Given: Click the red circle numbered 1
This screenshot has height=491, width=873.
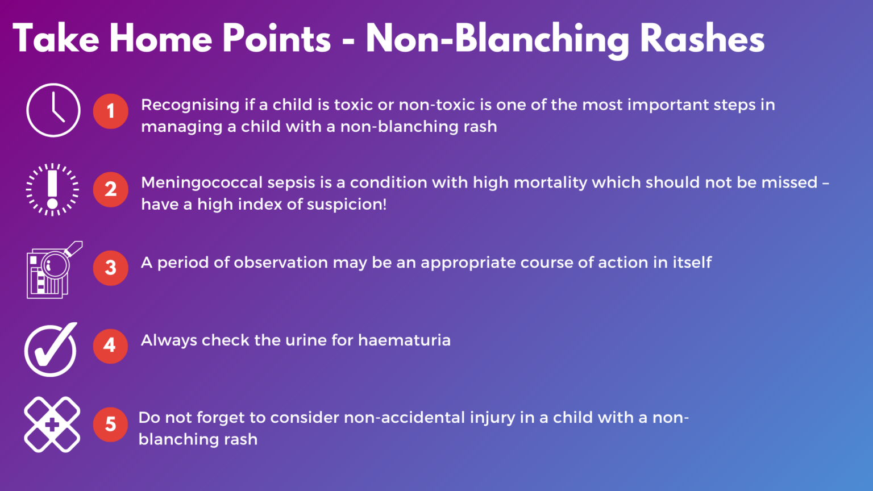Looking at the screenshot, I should point(111,111).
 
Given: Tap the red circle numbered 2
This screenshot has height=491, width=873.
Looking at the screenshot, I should point(111,189).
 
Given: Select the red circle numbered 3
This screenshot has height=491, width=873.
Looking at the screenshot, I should point(111,268).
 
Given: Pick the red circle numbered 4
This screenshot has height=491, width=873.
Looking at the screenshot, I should point(110,346).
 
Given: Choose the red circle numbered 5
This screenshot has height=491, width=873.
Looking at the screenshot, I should point(111,424).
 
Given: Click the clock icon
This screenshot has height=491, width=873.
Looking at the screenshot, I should point(53,110).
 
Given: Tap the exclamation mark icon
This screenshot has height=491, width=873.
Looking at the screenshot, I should point(53,190).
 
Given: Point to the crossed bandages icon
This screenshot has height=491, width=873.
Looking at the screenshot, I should point(52,425).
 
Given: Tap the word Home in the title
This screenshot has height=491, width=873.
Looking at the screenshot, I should point(161,39).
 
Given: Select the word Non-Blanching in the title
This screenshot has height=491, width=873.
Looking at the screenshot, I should point(497,39).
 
